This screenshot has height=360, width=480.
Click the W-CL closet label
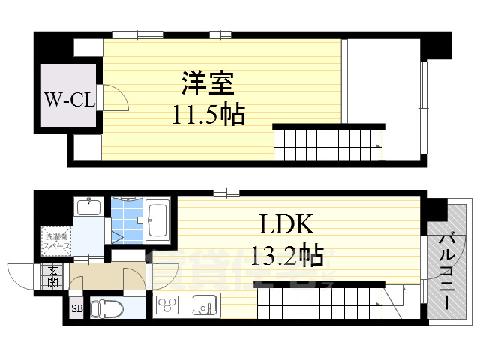(x=67, y=99)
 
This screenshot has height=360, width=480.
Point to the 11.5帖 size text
(x=206, y=115)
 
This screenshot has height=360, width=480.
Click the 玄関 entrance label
(x=52, y=275)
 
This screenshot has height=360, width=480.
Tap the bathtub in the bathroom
(x=157, y=219)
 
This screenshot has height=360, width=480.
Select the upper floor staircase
(x=326, y=142)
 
